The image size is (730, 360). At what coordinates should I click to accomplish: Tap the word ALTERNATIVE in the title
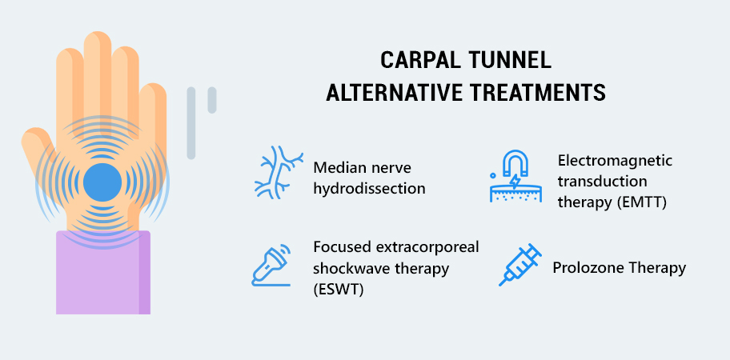coord(394,93)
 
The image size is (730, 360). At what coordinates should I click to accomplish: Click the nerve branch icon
coord(279,172)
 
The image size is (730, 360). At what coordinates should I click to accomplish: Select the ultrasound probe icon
coord(271,265)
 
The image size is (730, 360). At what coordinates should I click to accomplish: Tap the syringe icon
coord(520,265)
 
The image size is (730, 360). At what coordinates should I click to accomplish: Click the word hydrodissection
coord(369,189)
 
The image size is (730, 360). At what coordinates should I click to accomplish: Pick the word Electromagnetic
coord(615,161)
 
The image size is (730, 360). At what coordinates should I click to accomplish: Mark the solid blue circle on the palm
coord(102,182)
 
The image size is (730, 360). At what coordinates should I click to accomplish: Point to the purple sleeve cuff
coord(103,272)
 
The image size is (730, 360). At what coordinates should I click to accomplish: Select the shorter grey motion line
coord(212,100)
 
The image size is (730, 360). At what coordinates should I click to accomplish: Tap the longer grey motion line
coord(191,123)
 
